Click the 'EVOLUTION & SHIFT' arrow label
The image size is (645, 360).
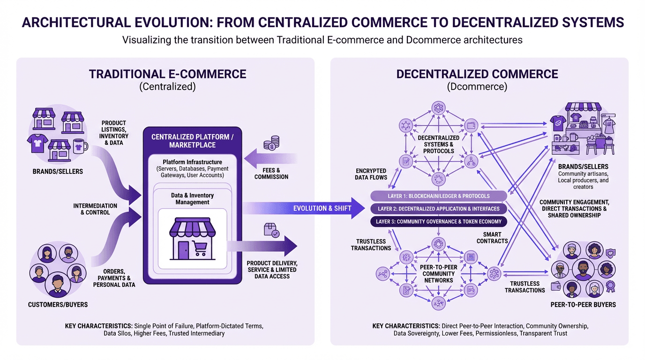[x=322, y=208]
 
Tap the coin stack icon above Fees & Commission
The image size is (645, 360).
[x=271, y=142]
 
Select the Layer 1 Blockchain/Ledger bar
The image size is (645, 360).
[x=438, y=196]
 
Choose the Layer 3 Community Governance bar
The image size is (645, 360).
[x=438, y=221]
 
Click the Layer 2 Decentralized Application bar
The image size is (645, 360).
[x=438, y=209]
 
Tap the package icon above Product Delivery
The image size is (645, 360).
[x=271, y=230]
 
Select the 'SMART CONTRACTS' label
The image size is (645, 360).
[x=492, y=238]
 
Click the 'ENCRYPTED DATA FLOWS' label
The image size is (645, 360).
[x=371, y=174]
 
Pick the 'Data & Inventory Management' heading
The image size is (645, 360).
[x=192, y=199]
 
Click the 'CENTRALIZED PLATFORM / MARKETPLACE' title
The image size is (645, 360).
[x=192, y=141]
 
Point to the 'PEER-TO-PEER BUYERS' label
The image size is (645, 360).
[x=583, y=305]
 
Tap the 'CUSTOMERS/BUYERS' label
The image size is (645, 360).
[x=58, y=305]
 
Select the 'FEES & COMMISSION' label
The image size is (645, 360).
[x=271, y=173]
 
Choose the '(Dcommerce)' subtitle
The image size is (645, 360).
[x=477, y=86]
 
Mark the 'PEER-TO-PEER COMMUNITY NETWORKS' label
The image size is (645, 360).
[x=439, y=274]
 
